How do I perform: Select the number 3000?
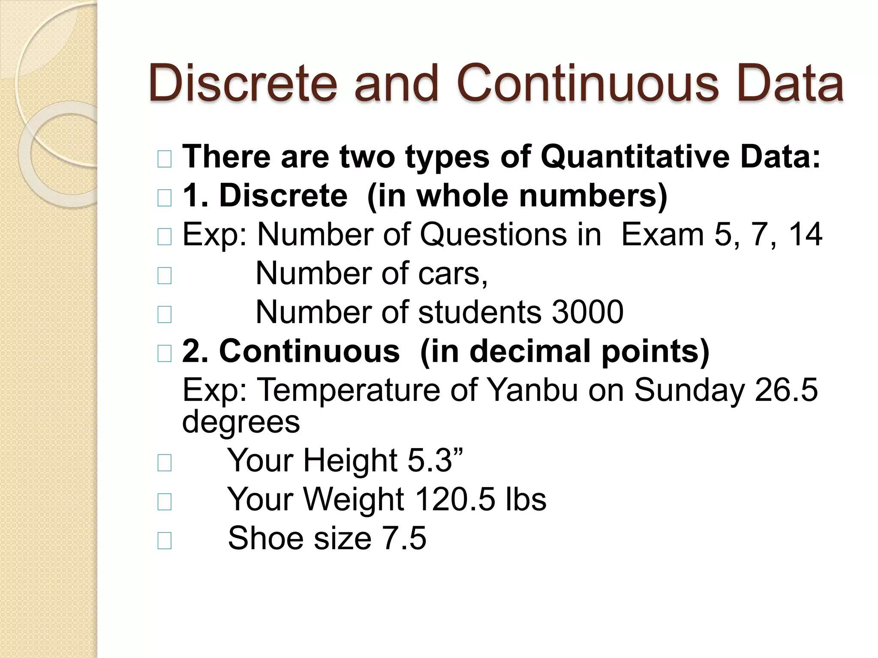click(x=587, y=312)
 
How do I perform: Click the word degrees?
click(x=241, y=422)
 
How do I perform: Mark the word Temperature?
click(x=349, y=390)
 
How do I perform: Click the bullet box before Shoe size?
click(x=165, y=541)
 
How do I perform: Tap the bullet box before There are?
click(x=165, y=159)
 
